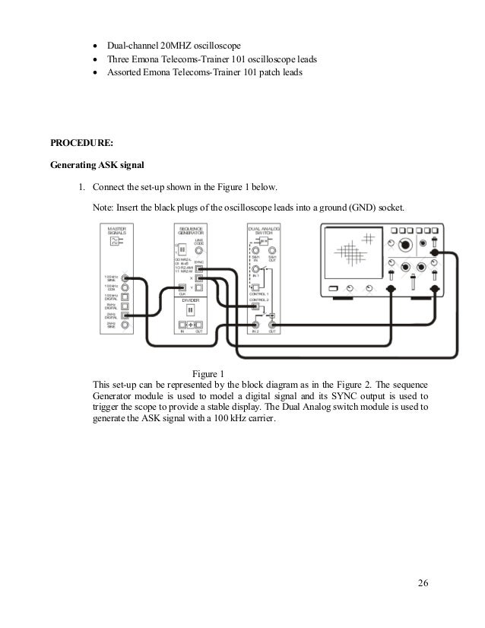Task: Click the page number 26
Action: coord(423,583)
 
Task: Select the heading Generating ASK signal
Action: coord(97,164)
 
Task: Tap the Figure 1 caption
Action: coord(208,373)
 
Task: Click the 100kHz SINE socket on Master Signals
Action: coord(124,279)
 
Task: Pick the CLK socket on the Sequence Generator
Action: coord(182,289)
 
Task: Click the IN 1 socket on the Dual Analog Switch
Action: coord(257,269)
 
